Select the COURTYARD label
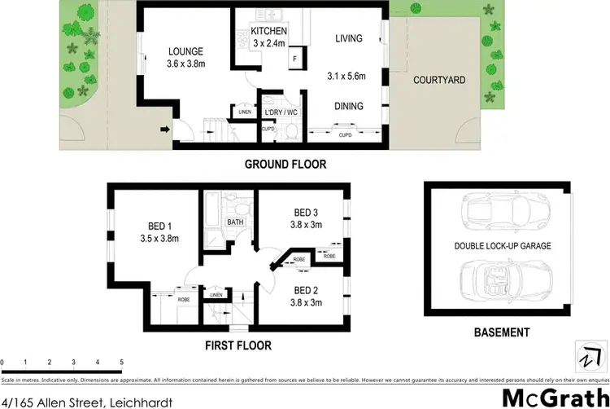439,80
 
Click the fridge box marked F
294,60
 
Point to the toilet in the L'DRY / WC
289,131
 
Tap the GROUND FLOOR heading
285,165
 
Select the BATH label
235,222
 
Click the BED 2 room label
305,290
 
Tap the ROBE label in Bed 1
184,298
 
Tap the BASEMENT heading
501,332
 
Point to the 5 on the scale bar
121,360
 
